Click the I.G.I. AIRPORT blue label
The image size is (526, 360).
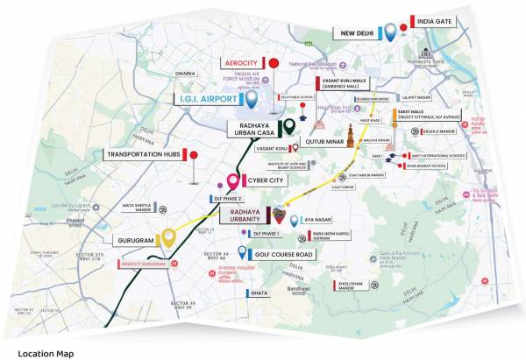point(208,100)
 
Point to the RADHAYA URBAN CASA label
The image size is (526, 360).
point(254,131)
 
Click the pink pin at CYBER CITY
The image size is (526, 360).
point(233,182)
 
